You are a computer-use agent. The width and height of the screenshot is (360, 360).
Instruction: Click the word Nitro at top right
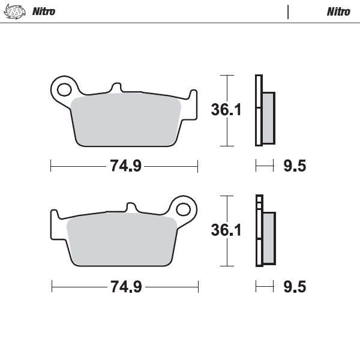pyautogui.click(x=338, y=11)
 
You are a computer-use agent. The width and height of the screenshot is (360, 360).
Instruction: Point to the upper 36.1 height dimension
pyautogui.click(x=226, y=110)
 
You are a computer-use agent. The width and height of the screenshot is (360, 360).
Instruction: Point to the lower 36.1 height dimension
pyautogui.click(x=226, y=230)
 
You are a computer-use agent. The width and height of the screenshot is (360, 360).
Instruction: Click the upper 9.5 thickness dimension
pyautogui.click(x=294, y=166)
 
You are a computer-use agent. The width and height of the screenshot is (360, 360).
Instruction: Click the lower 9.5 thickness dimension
pyautogui.click(x=294, y=287)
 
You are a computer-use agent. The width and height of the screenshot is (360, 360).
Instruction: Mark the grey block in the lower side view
pyautogui.click(x=268, y=238)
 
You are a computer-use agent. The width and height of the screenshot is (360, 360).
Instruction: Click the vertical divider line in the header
pyautogui.click(x=288, y=11)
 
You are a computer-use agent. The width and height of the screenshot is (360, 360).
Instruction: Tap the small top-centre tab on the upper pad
pyautogui.click(x=117, y=88)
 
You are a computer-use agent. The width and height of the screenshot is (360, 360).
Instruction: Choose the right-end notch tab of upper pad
pyautogui.click(x=193, y=95)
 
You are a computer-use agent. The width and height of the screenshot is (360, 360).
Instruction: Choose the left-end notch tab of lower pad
pyautogui.click(x=54, y=215)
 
